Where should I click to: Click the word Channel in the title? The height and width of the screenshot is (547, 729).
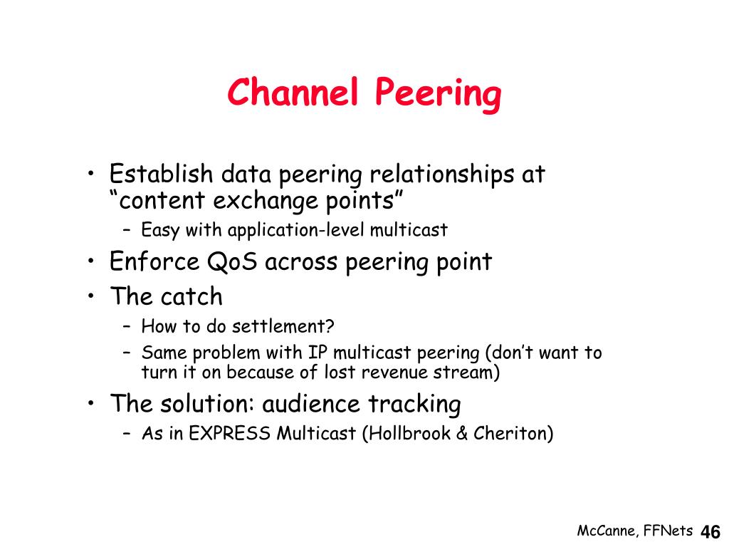[x=293, y=92]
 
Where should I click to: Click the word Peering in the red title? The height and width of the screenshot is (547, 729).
[x=438, y=95]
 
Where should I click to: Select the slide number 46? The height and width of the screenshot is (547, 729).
[x=710, y=531]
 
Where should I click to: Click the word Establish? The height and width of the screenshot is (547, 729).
[x=161, y=174]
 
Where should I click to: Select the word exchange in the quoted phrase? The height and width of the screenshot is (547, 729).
[x=266, y=202]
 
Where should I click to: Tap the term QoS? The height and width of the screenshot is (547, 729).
[x=232, y=261]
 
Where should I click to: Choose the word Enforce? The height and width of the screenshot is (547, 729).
[x=154, y=261]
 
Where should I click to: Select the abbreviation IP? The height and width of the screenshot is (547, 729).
[x=318, y=353]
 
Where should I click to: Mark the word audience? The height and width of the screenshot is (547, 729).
[x=311, y=403]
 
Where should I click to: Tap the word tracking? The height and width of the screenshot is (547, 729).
[x=414, y=404]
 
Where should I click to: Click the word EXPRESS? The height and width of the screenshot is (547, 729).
[x=230, y=434]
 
